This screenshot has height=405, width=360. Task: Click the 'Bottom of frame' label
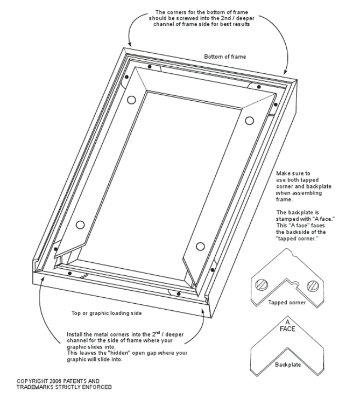225,57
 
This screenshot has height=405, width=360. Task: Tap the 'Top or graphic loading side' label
107,313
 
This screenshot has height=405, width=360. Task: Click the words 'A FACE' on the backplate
287,326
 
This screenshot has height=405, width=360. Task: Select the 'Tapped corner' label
287,303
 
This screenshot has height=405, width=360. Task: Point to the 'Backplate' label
288,365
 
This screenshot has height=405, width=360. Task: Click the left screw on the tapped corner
260,284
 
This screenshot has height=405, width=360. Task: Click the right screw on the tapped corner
313,286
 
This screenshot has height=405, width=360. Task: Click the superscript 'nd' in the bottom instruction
158,332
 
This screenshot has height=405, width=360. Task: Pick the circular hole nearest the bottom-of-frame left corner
132,100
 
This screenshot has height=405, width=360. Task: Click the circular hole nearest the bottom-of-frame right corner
249,121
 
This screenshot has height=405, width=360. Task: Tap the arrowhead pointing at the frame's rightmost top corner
285,72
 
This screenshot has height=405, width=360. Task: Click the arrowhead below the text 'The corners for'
130,44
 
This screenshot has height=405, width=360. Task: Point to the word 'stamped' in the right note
287,219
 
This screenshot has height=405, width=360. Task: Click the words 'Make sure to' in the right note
293,173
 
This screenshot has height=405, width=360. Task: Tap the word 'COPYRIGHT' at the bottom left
32,381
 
